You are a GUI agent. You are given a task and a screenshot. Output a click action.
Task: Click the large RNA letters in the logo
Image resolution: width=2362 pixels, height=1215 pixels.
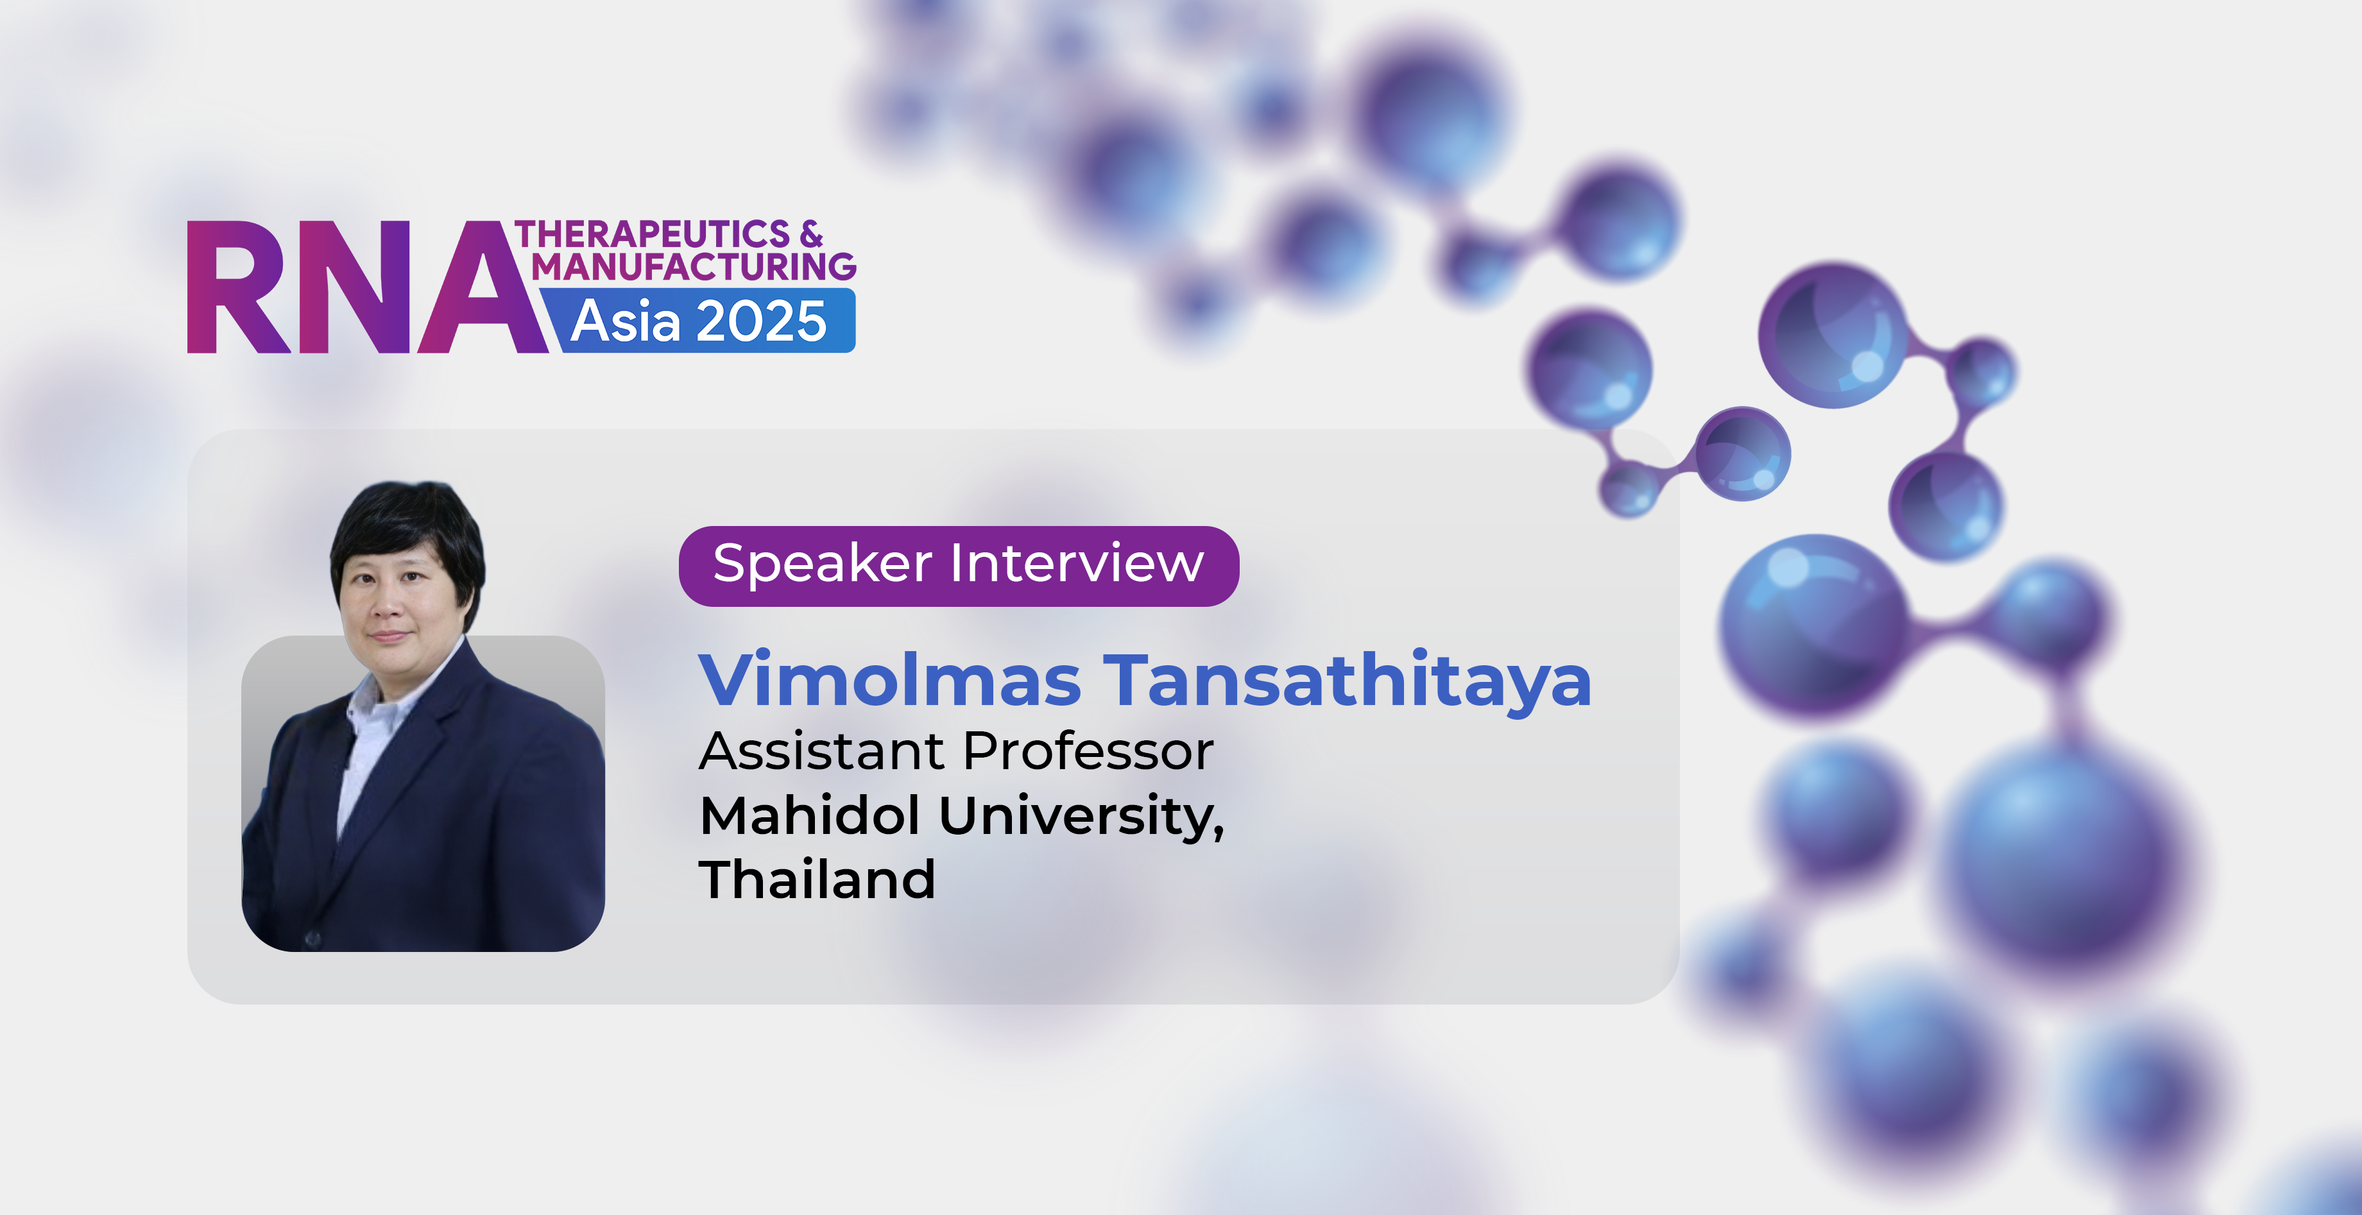pos(367,287)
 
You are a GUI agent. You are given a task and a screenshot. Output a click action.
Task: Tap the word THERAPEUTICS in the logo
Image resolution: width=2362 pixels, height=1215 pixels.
pos(652,234)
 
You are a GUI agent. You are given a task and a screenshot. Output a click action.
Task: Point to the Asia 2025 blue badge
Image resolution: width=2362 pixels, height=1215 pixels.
pos(699,320)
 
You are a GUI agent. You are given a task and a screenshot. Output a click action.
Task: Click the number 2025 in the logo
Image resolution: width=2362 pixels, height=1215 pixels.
pos(762,322)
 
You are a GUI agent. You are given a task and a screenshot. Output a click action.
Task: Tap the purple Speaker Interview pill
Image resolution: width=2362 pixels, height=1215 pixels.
pos(958,566)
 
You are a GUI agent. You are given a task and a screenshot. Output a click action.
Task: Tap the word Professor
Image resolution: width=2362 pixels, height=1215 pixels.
pos(1088,751)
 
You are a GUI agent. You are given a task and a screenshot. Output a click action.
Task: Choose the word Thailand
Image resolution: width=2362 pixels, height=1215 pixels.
pos(817,879)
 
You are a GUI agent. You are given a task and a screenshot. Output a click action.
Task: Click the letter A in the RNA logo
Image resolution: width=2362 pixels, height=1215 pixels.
pos(483,287)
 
